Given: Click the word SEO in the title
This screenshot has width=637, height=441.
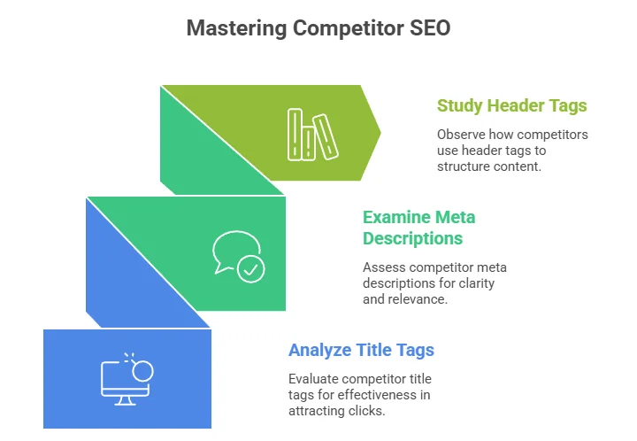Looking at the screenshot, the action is click(x=430, y=28).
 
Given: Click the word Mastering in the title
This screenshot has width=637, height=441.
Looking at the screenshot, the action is click(x=236, y=29).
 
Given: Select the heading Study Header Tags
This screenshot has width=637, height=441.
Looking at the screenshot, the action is click(x=512, y=105).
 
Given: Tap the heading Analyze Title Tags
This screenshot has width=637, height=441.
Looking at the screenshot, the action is click(x=361, y=351).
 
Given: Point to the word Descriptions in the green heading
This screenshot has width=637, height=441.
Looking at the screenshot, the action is click(x=413, y=238).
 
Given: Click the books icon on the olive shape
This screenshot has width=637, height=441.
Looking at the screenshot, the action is click(x=313, y=135).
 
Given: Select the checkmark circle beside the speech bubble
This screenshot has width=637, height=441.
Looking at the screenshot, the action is click(x=251, y=268).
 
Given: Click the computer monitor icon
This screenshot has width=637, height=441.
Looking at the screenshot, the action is click(x=127, y=379).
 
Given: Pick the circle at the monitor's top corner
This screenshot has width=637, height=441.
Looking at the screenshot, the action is click(x=143, y=371).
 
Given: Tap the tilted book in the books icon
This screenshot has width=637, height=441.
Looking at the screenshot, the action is click(x=326, y=137).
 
